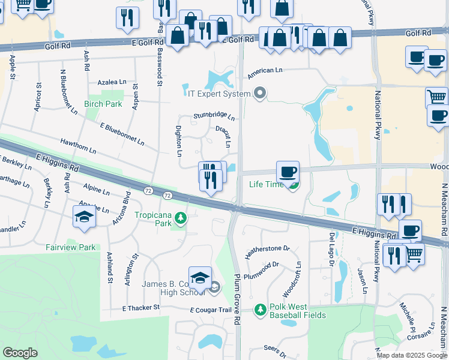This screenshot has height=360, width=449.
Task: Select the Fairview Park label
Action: point(70,247)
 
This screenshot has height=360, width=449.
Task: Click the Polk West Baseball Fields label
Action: point(297,311)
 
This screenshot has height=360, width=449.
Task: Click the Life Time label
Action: point(267,184)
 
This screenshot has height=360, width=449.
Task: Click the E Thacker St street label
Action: point(141,307)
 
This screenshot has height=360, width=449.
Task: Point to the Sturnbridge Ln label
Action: point(214,116)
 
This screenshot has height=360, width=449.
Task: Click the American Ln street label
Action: point(265,70)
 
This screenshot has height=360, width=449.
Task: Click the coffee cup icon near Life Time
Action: point(288,172)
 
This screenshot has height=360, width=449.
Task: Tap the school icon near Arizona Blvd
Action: point(84,217)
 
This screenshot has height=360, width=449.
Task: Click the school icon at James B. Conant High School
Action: point(200,278)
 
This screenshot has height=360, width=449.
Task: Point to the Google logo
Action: point(20,352)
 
